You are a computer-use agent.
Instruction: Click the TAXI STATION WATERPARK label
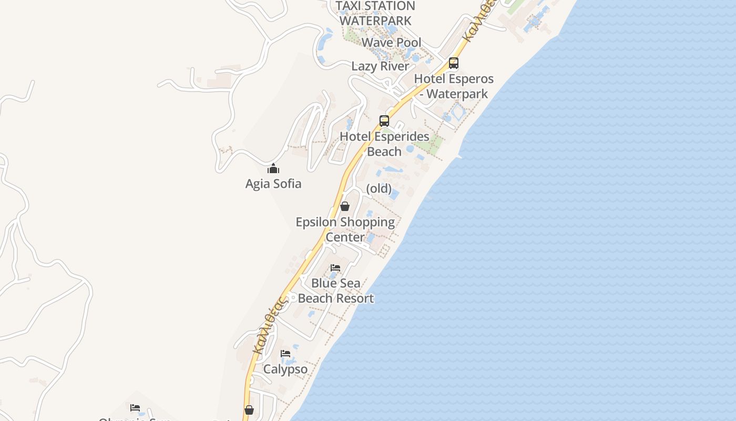(x=375, y=13)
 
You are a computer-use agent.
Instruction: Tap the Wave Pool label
(x=392, y=43)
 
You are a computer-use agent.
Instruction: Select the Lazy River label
(x=380, y=66)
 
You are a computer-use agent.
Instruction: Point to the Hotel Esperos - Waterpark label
(x=454, y=86)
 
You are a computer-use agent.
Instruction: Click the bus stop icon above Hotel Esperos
(x=453, y=64)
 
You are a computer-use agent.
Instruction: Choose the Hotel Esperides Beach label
(x=384, y=144)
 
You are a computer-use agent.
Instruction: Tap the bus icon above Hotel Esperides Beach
(x=384, y=121)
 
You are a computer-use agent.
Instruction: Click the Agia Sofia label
(x=273, y=184)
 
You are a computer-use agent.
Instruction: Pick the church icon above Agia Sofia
(x=273, y=168)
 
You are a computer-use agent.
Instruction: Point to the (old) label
(x=379, y=188)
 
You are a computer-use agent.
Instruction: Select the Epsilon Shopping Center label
(x=345, y=229)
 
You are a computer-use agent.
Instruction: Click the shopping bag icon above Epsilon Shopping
(x=345, y=206)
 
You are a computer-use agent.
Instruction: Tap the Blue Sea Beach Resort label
(x=336, y=290)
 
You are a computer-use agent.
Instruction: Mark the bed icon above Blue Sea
(x=335, y=268)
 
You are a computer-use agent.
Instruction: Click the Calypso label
(x=285, y=369)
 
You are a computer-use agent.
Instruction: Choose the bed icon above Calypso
(x=285, y=353)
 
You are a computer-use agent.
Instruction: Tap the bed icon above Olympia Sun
(x=135, y=407)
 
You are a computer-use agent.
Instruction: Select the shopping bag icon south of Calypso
(x=249, y=410)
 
